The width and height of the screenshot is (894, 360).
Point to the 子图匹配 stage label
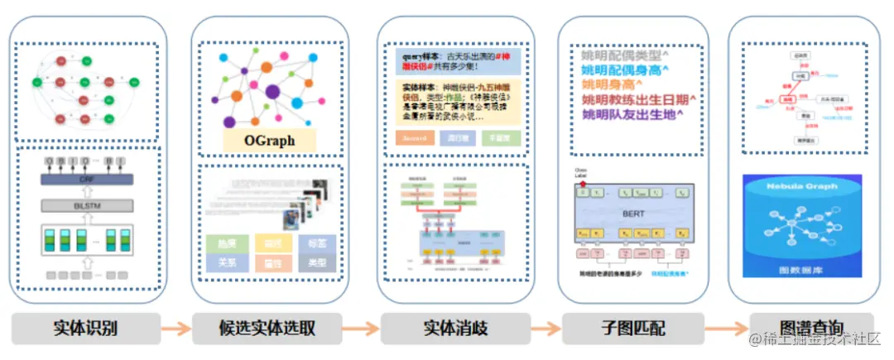633,328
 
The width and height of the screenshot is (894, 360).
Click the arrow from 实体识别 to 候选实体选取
175,329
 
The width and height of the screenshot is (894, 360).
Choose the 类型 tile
316,263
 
